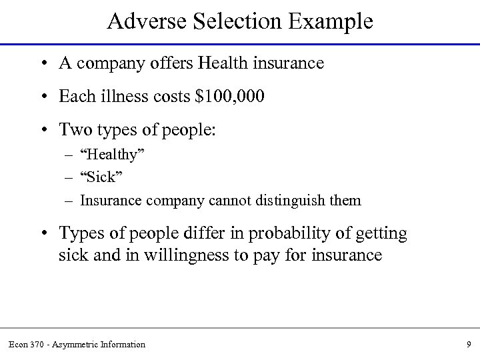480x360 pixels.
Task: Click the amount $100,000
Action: (230, 97)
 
